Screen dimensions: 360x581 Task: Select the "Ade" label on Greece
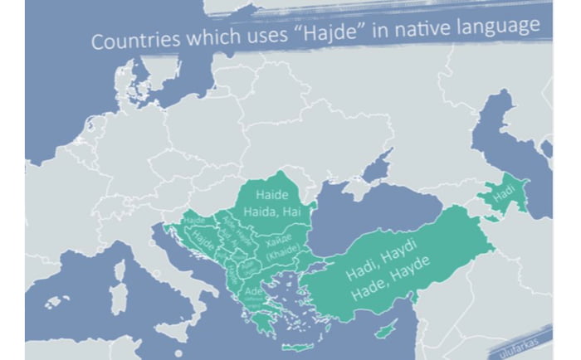click(253, 291)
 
